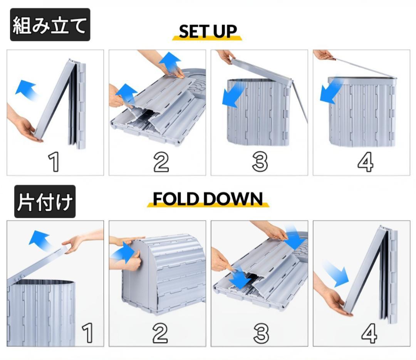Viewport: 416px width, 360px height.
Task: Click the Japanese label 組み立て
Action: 50,25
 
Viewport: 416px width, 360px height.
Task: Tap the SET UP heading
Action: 207,32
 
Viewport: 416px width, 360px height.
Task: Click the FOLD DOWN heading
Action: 208,199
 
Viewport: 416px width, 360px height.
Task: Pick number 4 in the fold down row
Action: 369,333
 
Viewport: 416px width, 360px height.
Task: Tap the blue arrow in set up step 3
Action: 233,94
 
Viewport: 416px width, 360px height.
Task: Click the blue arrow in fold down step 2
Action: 122,253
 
